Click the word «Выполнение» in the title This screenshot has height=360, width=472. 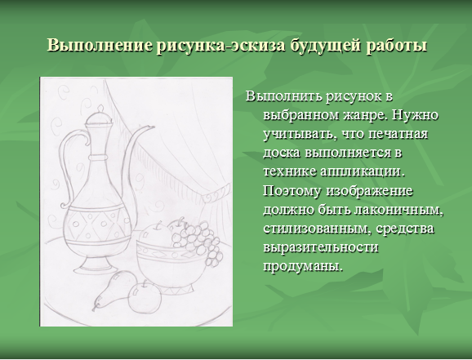click(x=100, y=46)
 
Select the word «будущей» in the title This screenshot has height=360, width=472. click(x=325, y=46)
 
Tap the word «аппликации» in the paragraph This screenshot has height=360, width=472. click(x=362, y=172)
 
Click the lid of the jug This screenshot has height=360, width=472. click(x=100, y=117)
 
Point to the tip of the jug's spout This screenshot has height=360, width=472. click(x=154, y=127)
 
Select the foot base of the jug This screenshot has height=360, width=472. click(x=93, y=264)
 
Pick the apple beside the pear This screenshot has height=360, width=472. click(x=145, y=297)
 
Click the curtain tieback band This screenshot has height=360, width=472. click(x=216, y=194)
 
